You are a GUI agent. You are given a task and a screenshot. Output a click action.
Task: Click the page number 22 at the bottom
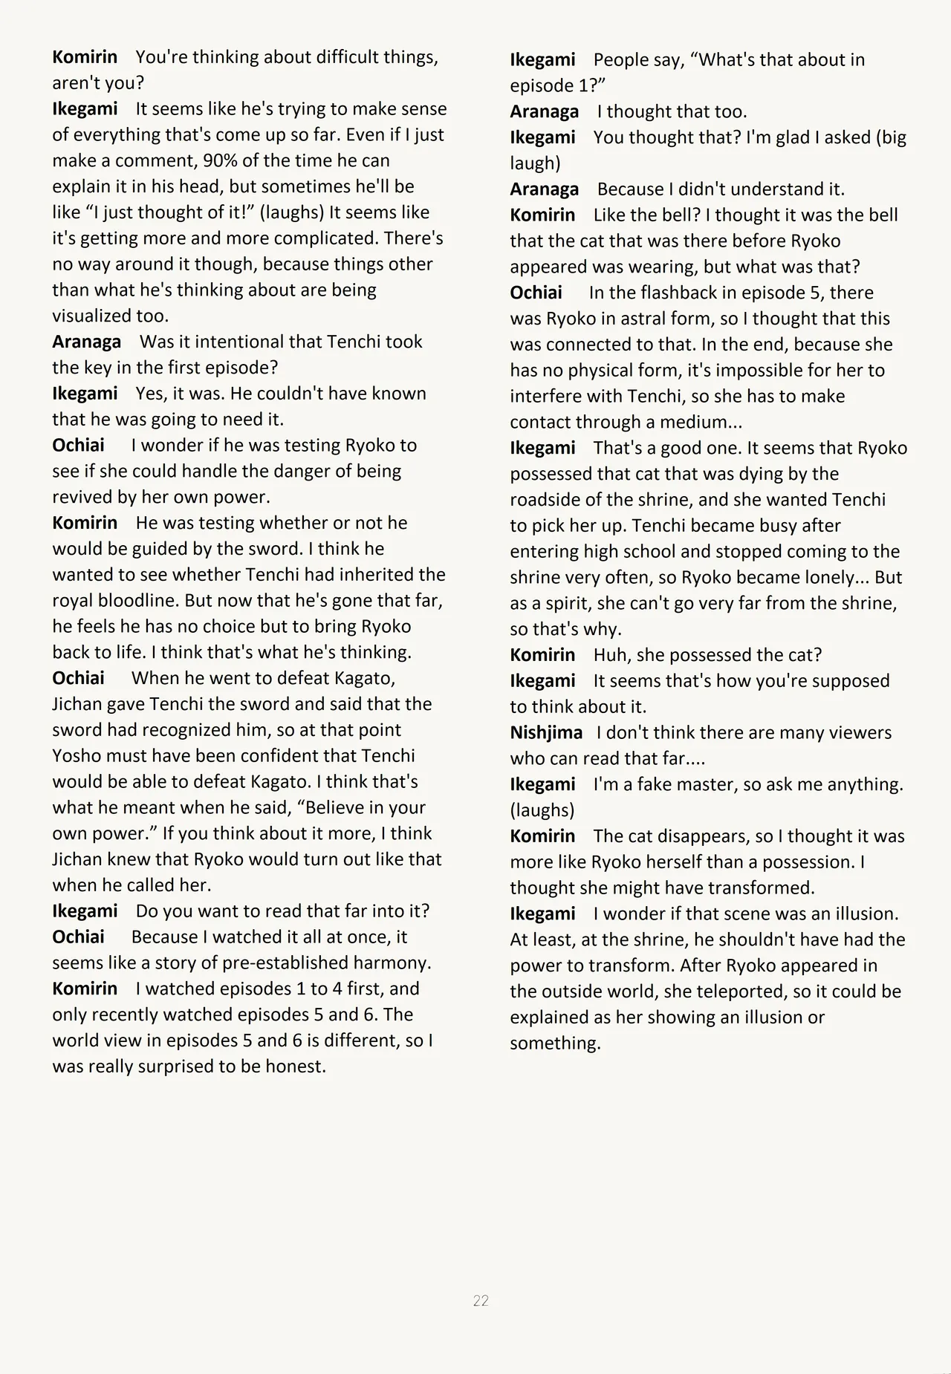[481, 1300]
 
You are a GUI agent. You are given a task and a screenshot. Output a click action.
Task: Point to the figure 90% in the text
[221, 160]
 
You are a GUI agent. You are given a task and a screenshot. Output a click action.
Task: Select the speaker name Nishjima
[546, 733]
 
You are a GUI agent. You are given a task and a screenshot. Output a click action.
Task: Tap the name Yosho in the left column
[77, 756]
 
